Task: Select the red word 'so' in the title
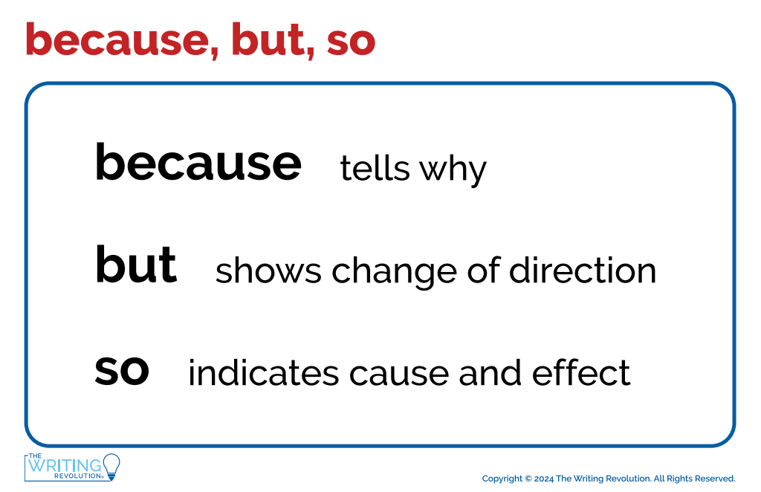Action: (x=351, y=44)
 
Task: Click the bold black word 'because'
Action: (x=198, y=163)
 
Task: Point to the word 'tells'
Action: (x=375, y=169)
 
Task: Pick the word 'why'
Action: (x=453, y=171)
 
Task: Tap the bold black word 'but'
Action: (x=136, y=265)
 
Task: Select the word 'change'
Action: (x=394, y=273)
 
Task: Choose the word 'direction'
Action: (x=583, y=271)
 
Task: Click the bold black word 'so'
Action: (x=122, y=371)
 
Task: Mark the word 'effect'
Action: (x=581, y=372)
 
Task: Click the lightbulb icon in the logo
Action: (x=111, y=467)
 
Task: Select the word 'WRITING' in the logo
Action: (x=65, y=466)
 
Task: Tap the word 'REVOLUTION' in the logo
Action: (x=77, y=476)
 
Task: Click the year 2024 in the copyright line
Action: (x=543, y=479)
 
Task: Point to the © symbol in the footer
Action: (x=528, y=479)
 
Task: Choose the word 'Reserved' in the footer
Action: (x=716, y=479)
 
